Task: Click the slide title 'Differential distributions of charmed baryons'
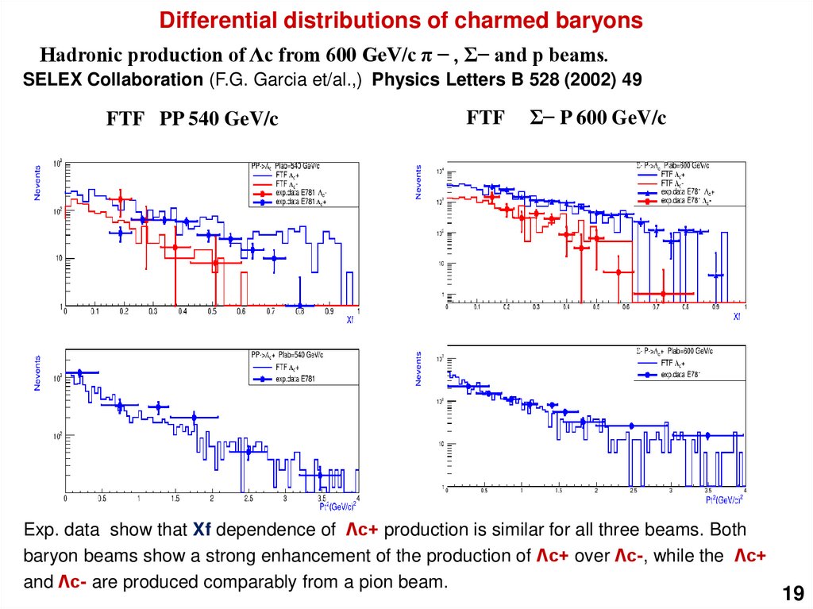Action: click(401, 21)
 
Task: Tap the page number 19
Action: click(792, 593)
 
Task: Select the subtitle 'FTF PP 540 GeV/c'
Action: click(192, 120)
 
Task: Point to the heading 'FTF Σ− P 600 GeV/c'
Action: click(566, 118)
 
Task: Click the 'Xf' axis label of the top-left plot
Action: click(349, 322)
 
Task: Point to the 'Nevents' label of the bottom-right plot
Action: click(418, 368)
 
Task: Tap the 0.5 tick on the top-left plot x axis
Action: click(212, 313)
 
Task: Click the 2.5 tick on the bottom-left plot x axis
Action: click(249, 499)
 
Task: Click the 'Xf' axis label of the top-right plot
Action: click(737, 315)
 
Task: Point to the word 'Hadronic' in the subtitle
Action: click(80, 56)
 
